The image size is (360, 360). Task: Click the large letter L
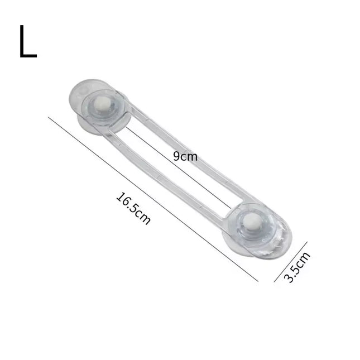[27, 42]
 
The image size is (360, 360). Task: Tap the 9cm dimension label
[185, 157]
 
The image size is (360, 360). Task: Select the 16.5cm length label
[133, 208]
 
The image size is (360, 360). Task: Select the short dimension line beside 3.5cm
[291, 262]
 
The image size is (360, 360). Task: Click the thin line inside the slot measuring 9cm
[179, 167]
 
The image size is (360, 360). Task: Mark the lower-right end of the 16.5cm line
[258, 281]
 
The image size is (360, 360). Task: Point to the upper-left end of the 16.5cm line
[49, 117]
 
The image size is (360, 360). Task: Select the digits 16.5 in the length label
[128, 203]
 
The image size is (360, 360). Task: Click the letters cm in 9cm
[189, 157]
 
